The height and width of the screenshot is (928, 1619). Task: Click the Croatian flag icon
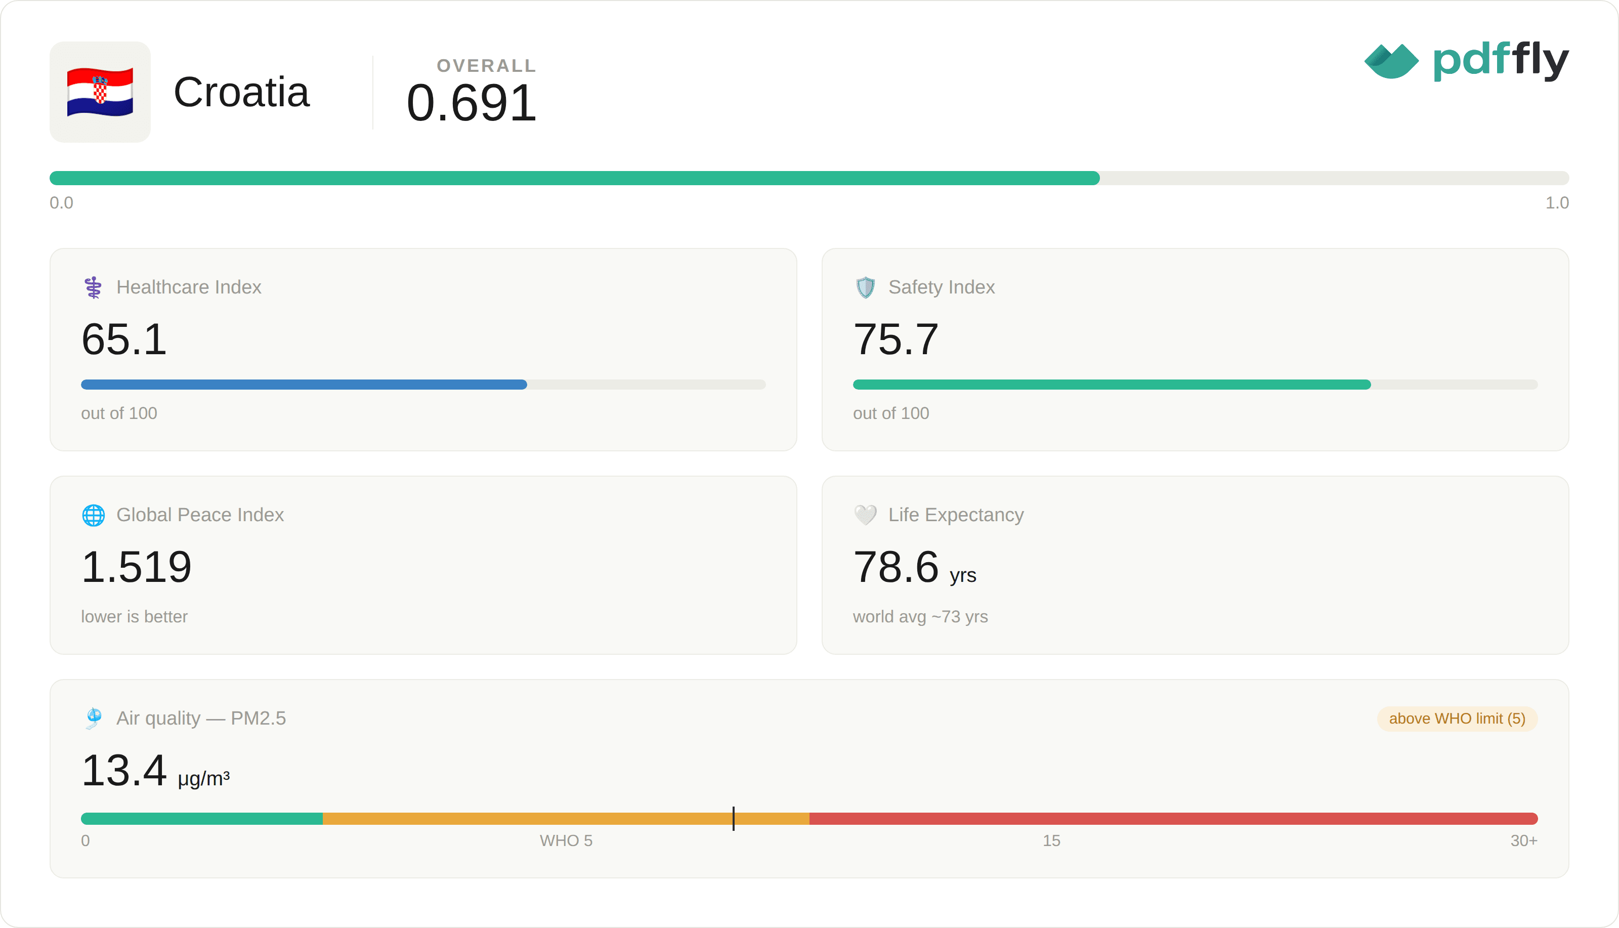[x=100, y=93]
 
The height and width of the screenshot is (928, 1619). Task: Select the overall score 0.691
[x=472, y=103]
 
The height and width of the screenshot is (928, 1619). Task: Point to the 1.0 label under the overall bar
[x=1557, y=203]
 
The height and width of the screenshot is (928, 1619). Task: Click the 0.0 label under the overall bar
[x=62, y=203]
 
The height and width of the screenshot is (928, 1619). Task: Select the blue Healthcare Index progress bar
[x=304, y=385]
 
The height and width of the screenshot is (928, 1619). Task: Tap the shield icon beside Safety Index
[x=865, y=287]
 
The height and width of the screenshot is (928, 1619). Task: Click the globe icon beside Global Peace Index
[x=94, y=515]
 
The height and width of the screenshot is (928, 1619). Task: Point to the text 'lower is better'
[x=135, y=616]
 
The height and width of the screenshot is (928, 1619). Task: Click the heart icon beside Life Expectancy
[x=865, y=515]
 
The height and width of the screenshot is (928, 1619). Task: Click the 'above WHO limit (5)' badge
[x=1457, y=719]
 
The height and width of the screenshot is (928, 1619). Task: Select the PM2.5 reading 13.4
[x=124, y=770]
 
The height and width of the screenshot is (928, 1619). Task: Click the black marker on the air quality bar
[x=734, y=818]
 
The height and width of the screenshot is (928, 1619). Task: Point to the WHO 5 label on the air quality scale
[x=566, y=840]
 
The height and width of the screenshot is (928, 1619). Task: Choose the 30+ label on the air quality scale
[x=1524, y=840]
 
